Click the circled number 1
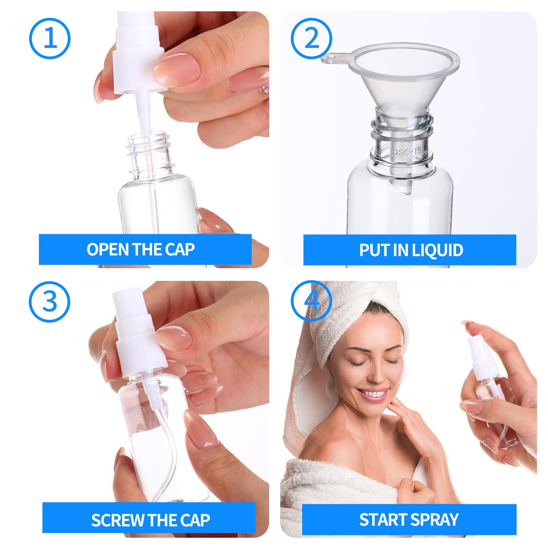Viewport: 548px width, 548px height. [x=50, y=38]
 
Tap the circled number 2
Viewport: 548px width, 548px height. [x=311, y=38]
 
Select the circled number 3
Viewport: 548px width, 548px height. [x=50, y=301]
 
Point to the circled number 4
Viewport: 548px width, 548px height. [x=311, y=301]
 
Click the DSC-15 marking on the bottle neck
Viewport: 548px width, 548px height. [x=407, y=151]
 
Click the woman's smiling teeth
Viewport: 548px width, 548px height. [x=375, y=394]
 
